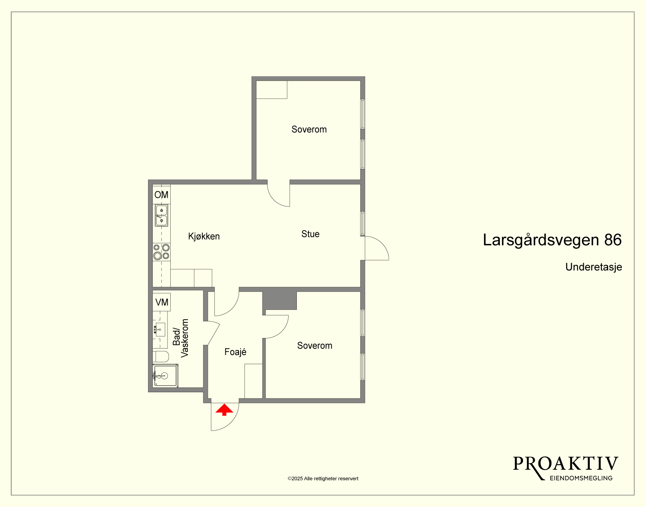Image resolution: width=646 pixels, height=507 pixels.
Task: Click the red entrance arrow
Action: pyautogui.click(x=224, y=409)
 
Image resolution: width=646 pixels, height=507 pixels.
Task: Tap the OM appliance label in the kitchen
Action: pyautogui.click(x=161, y=195)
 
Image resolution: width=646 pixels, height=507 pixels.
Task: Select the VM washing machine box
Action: pyautogui.click(x=161, y=302)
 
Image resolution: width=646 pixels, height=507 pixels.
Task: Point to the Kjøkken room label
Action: pyautogui.click(x=204, y=237)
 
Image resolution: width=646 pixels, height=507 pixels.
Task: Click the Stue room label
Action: pyautogui.click(x=311, y=234)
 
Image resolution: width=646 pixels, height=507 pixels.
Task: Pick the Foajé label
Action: pyautogui.click(x=235, y=352)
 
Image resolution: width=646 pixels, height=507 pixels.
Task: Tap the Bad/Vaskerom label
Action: pyautogui.click(x=180, y=338)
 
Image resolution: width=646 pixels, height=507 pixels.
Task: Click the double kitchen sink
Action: pyautogui.click(x=161, y=215)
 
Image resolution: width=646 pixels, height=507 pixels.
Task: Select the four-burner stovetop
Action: pyautogui.click(x=161, y=252)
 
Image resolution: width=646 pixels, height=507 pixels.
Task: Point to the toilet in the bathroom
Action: pyautogui.click(x=161, y=356)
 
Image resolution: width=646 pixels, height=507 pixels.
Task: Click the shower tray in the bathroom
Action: pyautogui.click(x=165, y=376)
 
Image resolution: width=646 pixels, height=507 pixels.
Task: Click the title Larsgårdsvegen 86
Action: pyautogui.click(x=552, y=240)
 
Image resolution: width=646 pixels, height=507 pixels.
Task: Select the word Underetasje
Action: pyautogui.click(x=593, y=267)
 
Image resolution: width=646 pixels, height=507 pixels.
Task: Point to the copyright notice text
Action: pyautogui.click(x=323, y=479)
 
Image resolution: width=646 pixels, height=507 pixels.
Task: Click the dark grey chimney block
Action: pyautogui.click(x=279, y=301)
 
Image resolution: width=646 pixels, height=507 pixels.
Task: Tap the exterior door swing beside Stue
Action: pyautogui.click(x=377, y=248)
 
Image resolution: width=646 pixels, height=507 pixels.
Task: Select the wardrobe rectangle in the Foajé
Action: pyautogui.click(x=253, y=381)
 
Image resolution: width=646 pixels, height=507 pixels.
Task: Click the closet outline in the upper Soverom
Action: pyautogui.click(x=272, y=90)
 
